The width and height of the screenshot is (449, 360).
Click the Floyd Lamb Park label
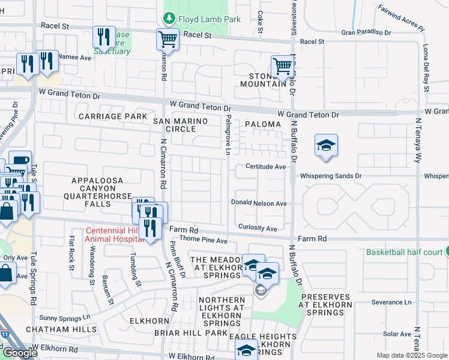coord(210,19)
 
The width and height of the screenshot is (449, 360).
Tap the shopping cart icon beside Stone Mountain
coord(282,67)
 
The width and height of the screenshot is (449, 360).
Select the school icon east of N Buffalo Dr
coord(326,146)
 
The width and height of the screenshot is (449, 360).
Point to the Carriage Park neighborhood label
coord(112,116)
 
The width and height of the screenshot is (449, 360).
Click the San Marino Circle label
coord(180,125)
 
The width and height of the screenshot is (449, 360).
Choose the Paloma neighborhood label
coord(263,124)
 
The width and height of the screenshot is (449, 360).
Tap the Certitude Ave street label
coord(265,167)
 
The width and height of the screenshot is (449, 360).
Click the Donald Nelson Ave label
coord(259,203)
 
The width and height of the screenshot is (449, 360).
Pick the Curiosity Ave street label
coord(258,229)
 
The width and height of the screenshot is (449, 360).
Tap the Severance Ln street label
coord(391,302)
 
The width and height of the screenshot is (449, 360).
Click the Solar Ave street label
coord(397,334)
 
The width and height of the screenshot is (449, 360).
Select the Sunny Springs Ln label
coord(64,317)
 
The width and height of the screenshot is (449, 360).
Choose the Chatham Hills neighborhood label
coord(61,329)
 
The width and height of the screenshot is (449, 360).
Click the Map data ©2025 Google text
coord(412,355)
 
